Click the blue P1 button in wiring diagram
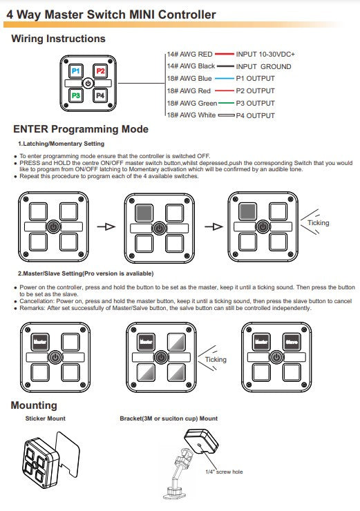[x=75, y=71]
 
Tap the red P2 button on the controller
[x=100, y=71]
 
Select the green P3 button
[x=75, y=95]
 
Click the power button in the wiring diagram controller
[x=88, y=84]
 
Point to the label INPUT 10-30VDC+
[x=265, y=54]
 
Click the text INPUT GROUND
[x=263, y=66]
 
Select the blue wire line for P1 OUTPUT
[x=225, y=79]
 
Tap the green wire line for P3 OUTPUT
[x=227, y=104]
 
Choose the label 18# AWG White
[x=191, y=115]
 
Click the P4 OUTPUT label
[x=256, y=116]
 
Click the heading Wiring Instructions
[x=58, y=39]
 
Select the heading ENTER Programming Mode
[x=81, y=129]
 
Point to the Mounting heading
[x=34, y=405]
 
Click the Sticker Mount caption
[x=46, y=418]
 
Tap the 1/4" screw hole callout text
[x=224, y=472]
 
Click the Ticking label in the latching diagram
[x=319, y=223]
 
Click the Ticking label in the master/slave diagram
[x=216, y=360]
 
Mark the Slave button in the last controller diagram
[x=292, y=342]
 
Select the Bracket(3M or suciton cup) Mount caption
[x=169, y=418]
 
